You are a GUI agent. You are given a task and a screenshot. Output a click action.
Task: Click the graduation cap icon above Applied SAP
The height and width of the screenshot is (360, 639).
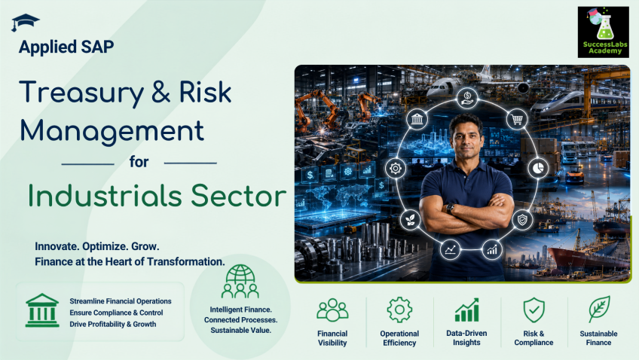[x=25, y=23]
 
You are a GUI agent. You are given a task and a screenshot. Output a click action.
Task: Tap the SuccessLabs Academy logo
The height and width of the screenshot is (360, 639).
[x=603, y=32]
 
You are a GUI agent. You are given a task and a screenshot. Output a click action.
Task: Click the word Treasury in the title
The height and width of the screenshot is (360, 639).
[x=81, y=93]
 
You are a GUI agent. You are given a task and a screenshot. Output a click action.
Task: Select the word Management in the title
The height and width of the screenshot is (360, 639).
[x=112, y=131]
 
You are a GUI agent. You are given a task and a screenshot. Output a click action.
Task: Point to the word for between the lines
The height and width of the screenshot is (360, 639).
[x=139, y=162]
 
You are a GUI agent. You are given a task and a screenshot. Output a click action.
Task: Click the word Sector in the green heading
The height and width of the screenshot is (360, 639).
[x=239, y=196]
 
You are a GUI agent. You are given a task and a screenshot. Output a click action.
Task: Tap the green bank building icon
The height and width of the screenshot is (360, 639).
[x=42, y=310]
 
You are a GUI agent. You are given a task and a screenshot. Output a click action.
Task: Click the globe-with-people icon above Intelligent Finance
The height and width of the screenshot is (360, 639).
[x=240, y=281]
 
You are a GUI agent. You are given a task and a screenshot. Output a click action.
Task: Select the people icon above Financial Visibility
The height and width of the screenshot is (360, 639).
[x=332, y=310]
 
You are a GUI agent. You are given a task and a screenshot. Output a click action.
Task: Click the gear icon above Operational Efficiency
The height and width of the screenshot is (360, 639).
[x=399, y=310]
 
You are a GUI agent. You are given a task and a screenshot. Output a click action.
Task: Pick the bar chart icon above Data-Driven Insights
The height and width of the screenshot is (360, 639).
[x=466, y=310]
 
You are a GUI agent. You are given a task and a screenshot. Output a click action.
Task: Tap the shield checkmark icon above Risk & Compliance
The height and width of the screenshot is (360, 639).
[x=534, y=310]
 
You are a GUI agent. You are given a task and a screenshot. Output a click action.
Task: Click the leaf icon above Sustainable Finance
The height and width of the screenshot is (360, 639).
[x=599, y=309]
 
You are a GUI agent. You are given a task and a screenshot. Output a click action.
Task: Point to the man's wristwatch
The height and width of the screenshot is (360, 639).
[x=450, y=209]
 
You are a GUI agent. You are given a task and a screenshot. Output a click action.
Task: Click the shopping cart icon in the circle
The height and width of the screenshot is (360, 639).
[x=517, y=120]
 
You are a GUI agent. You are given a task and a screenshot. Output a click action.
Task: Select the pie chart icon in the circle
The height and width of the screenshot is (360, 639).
[x=538, y=168]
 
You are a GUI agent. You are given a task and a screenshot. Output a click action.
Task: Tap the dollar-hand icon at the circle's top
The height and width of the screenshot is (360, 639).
[x=467, y=98]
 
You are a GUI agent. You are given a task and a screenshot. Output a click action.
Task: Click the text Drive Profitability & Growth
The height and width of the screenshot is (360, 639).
[x=113, y=324]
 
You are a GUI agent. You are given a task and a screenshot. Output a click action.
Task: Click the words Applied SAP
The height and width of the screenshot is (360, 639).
[x=66, y=47]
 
